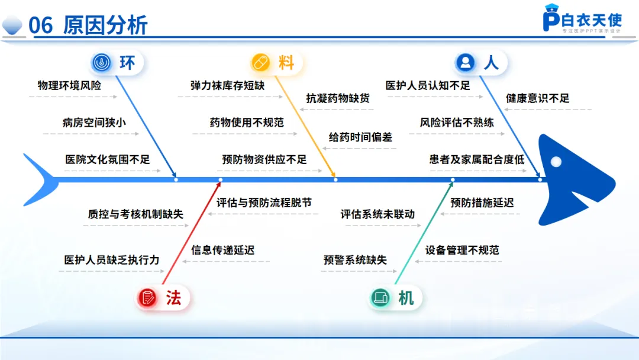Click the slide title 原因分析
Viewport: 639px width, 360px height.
105,26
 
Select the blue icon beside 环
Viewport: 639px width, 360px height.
102,62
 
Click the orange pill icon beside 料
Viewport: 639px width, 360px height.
260,62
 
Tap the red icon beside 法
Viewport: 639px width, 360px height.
147,298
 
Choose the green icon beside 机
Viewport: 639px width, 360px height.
379,298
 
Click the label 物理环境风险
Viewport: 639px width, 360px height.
69,85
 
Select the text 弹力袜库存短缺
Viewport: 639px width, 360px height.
227,85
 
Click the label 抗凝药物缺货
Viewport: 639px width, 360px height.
338,98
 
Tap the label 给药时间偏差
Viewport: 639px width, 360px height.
360,137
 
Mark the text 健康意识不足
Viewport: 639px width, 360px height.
537,98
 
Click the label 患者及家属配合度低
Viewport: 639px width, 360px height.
477,159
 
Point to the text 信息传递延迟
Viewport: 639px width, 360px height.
222,250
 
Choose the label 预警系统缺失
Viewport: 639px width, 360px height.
355,260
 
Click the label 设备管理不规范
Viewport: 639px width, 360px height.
462,250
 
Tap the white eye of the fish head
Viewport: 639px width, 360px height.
555,162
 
